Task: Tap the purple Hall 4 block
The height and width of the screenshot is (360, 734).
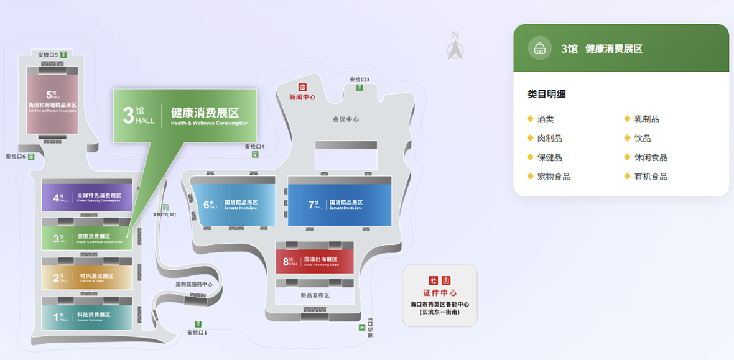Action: (86, 198)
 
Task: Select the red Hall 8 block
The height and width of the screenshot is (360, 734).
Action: (314, 261)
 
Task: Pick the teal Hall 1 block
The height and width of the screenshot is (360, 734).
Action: (86, 316)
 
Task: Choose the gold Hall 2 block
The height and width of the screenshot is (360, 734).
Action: (86, 277)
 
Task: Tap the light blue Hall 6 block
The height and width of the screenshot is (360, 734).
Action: (233, 204)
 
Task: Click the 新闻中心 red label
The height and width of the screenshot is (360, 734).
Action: (302, 97)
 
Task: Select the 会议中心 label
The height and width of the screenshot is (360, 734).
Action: (346, 119)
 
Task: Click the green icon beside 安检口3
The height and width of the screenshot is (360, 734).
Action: (360, 88)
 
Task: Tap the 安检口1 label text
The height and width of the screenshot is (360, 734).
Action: (197, 333)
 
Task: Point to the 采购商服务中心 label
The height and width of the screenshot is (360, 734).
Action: (193, 285)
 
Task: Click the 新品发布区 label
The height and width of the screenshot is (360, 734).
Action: (314, 295)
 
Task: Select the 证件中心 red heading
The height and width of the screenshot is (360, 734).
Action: (440, 293)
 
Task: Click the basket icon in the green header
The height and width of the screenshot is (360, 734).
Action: (539, 48)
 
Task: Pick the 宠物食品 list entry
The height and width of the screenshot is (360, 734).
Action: (554, 177)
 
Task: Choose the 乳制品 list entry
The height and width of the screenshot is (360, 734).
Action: (646, 119)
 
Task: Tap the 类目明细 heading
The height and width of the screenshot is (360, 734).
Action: (547, 95)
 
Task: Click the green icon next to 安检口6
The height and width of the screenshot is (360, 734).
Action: (31, 157)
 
